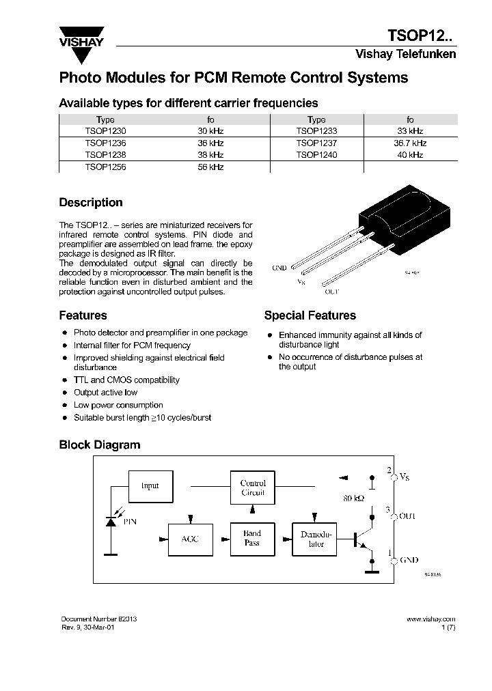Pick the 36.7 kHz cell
(410, 143)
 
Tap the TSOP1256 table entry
(105, 167)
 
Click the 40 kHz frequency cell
(410, 155)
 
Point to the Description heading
(91, 203)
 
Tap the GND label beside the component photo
(279, 268)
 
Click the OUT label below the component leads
(331, 292)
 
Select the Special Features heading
(310, 315)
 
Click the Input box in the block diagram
(150, 486)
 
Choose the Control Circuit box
(253, 488)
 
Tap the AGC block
(189, 539)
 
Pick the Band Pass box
(252, 539)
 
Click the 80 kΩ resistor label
(353, 498)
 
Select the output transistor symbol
(364, 539)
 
